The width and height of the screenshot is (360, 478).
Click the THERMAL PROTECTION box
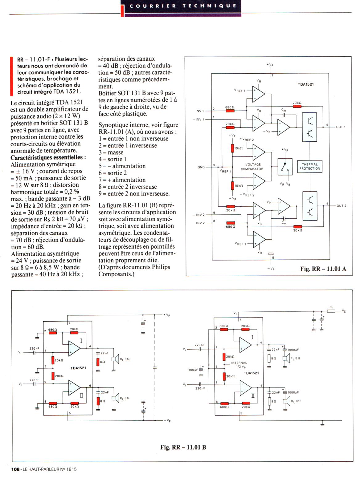(x=310, y=166)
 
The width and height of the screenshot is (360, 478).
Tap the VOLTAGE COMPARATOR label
(x=252, y=167)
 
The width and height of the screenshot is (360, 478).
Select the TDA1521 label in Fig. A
(x=306, y=84)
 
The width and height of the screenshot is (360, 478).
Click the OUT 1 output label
(x=341, y=127)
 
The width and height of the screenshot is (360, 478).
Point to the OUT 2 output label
(x=341, y=206)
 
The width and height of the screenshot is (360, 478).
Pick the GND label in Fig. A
(x=201, y=167)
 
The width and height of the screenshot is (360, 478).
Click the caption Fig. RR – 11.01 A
(x=323, y=269)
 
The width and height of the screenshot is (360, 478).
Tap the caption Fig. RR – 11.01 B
(x=183, y=447)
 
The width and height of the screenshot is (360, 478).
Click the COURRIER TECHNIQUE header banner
(x=182, y=6)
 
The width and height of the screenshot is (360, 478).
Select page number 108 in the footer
(x=15, y=469)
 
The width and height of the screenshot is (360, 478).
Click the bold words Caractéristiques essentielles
(x=48, y=157)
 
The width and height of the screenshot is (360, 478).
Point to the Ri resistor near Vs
(x=331, y=311)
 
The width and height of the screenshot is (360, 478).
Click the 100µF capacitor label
(x=193, y=370)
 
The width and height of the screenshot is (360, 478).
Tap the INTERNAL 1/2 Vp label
(x=239, y=365)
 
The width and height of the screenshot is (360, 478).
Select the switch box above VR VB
(x=285, y=167)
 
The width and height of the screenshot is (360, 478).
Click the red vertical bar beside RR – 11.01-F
(x=11, y=76)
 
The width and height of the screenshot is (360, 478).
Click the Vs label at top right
(x=344, y=311)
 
